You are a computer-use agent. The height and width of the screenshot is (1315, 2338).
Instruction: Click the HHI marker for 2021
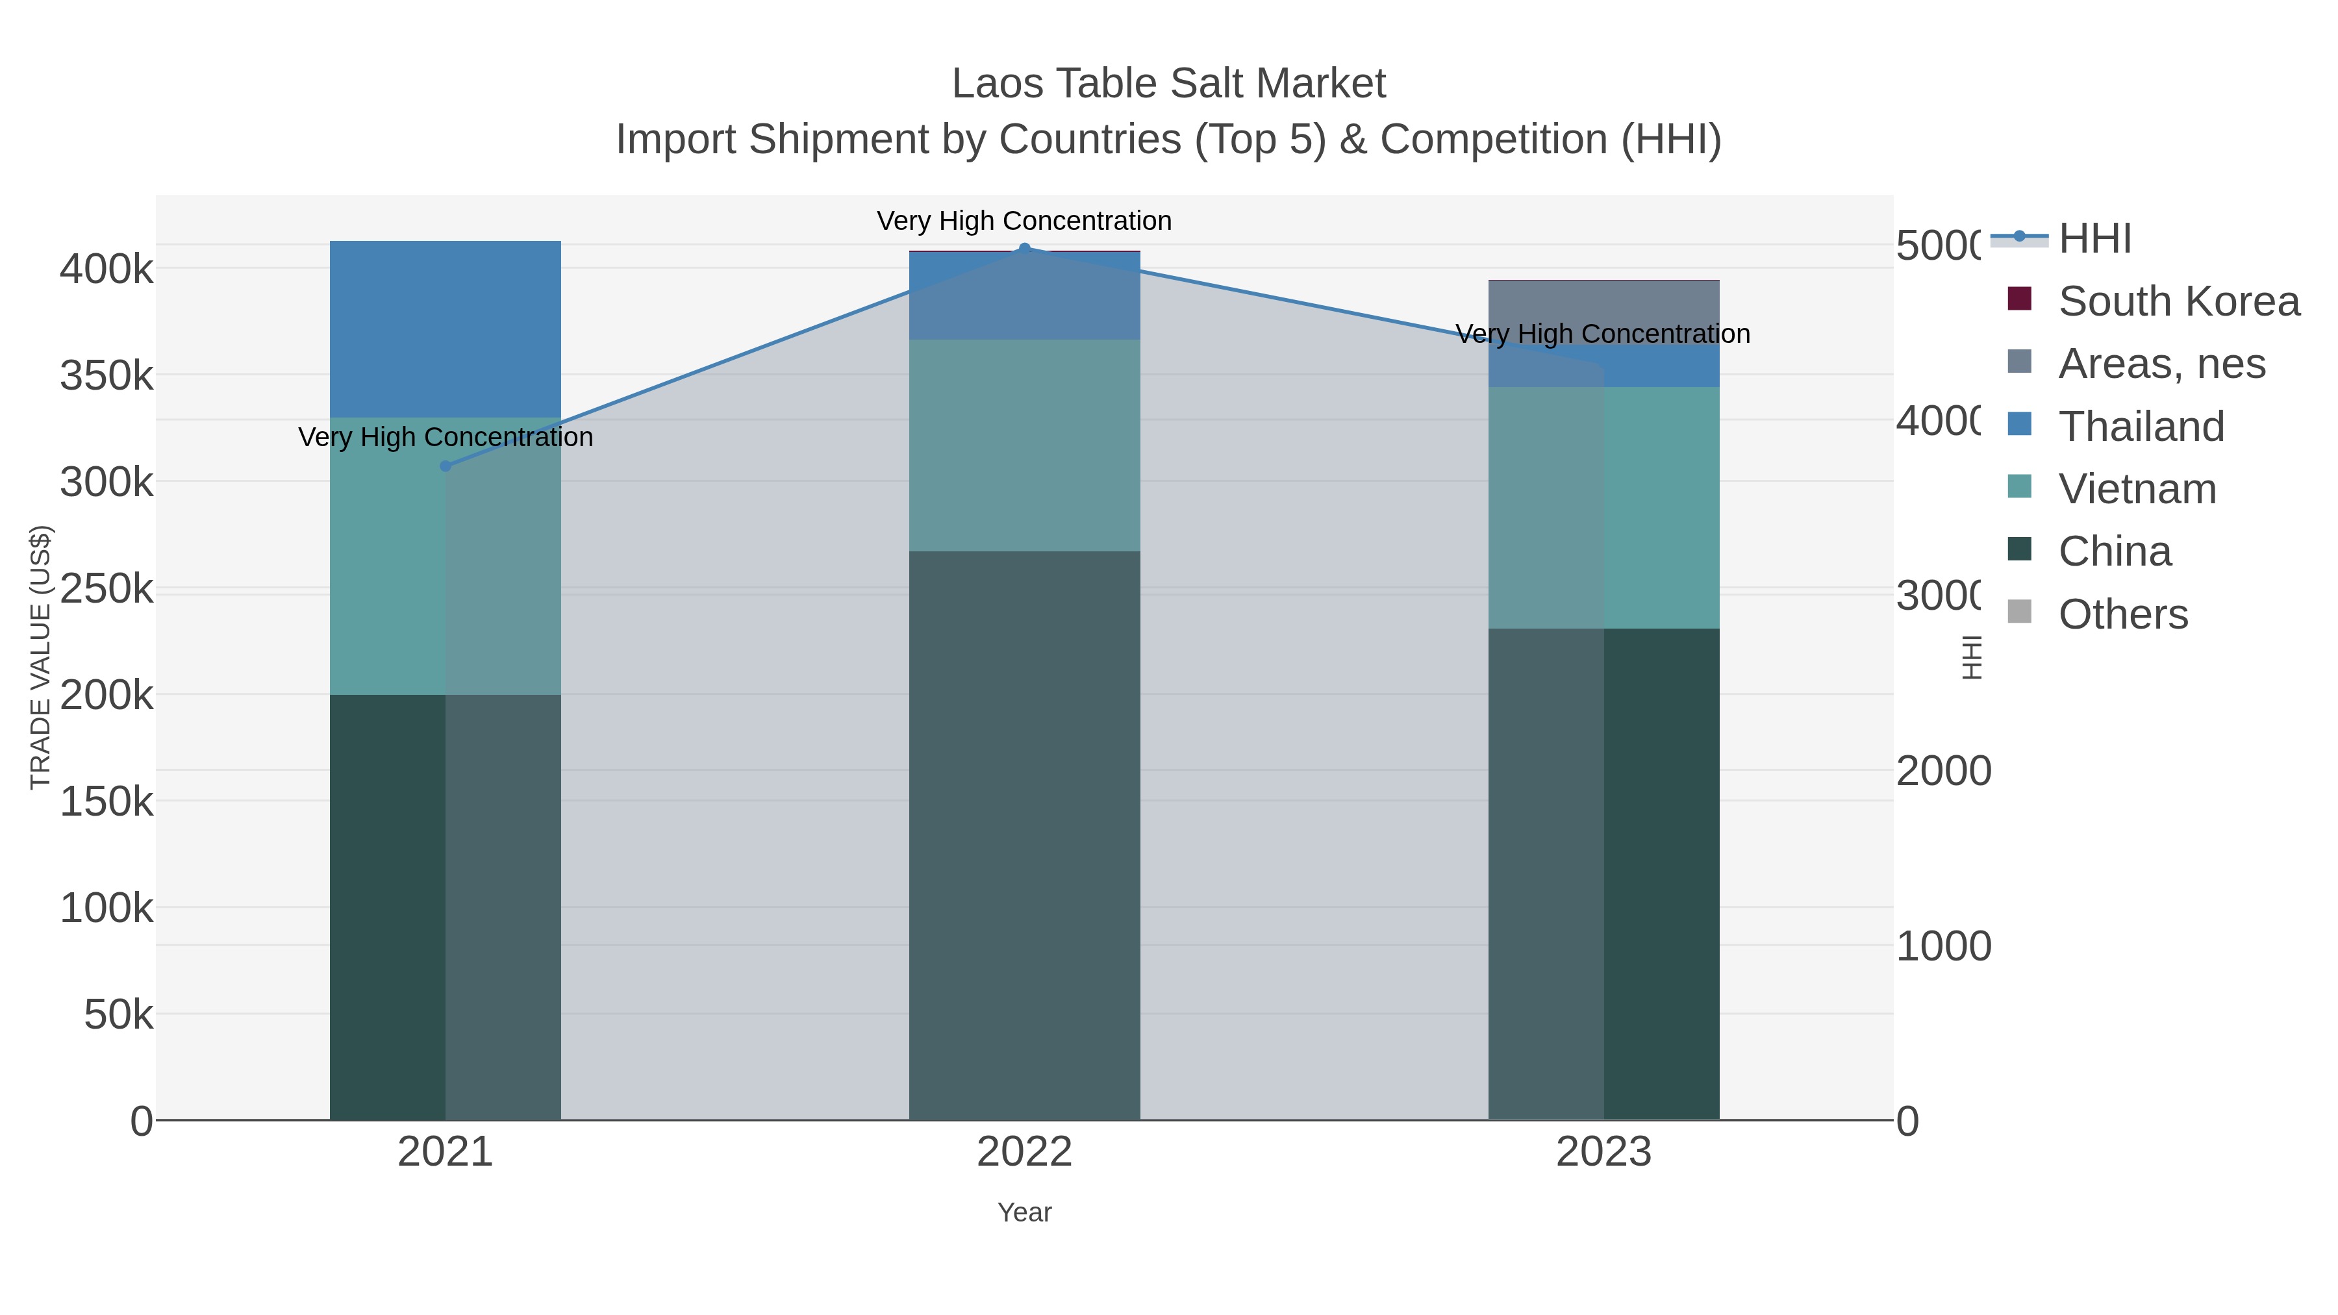(445, 466)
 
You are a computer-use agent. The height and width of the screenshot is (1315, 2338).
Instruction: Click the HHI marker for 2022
(1025, 249)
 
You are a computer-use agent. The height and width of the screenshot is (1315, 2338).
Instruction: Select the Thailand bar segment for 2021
(445, 329)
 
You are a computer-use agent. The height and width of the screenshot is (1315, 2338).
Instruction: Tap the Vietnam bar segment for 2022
(1025, 445)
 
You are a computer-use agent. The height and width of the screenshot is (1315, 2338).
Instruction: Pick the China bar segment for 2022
(1025, 835)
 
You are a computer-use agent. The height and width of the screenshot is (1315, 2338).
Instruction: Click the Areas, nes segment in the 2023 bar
(1603, 311)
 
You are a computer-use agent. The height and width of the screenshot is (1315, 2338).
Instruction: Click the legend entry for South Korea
(2178, 301)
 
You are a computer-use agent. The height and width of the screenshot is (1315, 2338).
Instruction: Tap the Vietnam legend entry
(2137, 489)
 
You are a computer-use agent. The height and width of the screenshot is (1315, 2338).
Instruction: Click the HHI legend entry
(2094, 239)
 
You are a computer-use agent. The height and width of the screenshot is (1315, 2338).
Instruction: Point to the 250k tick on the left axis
(107, 589)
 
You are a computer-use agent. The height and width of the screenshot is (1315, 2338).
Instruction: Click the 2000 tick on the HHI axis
(1942, 770)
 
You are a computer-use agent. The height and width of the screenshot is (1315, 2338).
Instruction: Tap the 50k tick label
(118, 1014)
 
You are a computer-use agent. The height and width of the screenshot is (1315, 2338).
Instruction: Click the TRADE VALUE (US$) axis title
(41, 657)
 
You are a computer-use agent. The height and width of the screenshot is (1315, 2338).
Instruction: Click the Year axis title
(1025, 1212)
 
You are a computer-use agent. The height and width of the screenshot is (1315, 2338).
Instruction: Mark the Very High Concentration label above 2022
(1025, 221)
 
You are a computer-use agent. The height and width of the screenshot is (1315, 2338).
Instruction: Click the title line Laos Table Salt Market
(1168, 84)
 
